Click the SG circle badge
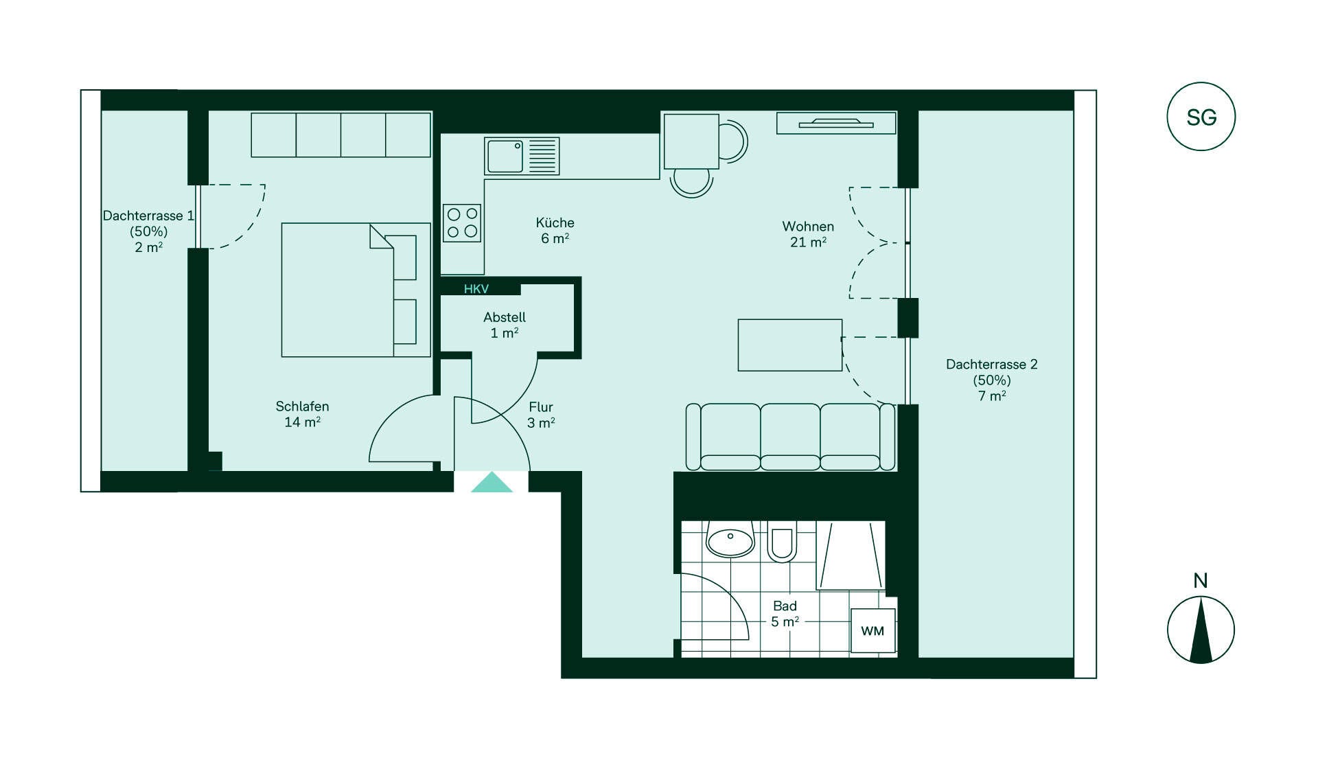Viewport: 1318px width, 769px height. [x=1201, y=117]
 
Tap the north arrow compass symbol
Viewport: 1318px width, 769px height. [x=1201, y=630]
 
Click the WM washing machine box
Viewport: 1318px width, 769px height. [x=873, y=631]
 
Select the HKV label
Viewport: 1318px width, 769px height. [x=476, y=289]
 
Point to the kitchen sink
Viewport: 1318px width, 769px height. [x=522, y=157]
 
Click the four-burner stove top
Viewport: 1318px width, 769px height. [x=462, y=223]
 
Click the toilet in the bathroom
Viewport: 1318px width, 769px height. [x=782, y=542]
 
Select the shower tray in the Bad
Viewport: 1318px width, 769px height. [x=851, y=555]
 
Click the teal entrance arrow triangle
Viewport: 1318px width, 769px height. [x=492, y=483]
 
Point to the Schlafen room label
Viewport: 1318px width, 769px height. [x=302, y=414]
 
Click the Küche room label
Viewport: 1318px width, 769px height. [x=555, y=230]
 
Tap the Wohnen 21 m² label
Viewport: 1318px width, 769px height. [x=808, y=234]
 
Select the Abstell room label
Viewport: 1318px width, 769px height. [x=505, y=325]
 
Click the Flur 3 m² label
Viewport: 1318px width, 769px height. [x=541, y=415]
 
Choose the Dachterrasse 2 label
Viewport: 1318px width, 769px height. [x=992, y=380]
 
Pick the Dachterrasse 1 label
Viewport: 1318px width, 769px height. [x=148, y=231]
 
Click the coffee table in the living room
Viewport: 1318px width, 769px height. [x=790, y=345]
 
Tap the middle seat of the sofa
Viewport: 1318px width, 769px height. [x=790, y=437]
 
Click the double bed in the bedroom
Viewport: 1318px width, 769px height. [x=356, y=290]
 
